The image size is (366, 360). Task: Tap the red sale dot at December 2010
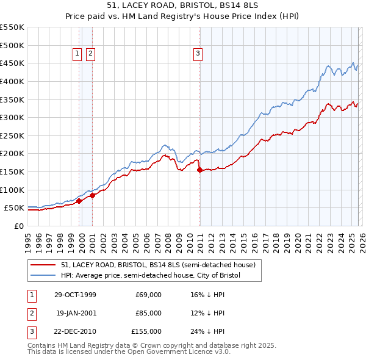[200, 170]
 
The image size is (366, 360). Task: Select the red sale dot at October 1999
[79, 201]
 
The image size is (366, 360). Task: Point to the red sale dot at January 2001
[92, 195]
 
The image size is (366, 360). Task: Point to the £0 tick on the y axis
[18, 226]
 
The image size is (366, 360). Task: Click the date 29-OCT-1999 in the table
[75, 295]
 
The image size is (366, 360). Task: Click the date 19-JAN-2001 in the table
[76, 313]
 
